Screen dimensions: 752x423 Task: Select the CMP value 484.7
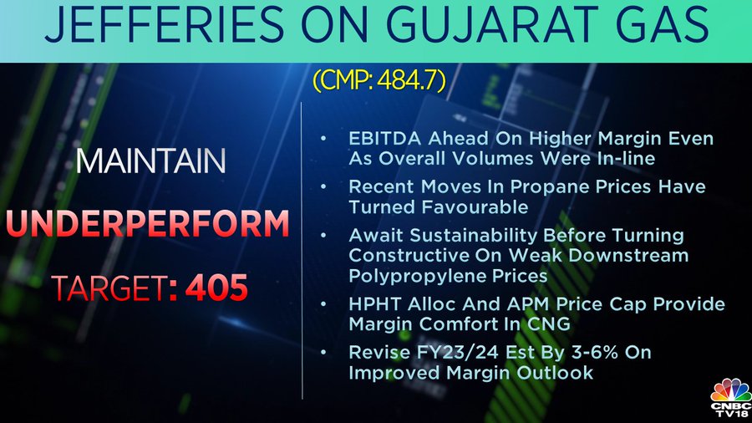point(408,80)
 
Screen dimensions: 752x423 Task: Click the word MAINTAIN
point(150,161)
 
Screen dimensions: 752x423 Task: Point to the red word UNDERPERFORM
point(148,223)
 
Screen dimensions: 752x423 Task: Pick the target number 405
point(216,288)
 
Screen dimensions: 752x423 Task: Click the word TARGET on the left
point(109,288)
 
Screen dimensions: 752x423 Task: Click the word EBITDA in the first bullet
point(385,139)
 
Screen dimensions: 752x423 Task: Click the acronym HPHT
point(375,304)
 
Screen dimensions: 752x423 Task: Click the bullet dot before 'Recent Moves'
point(323,186)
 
